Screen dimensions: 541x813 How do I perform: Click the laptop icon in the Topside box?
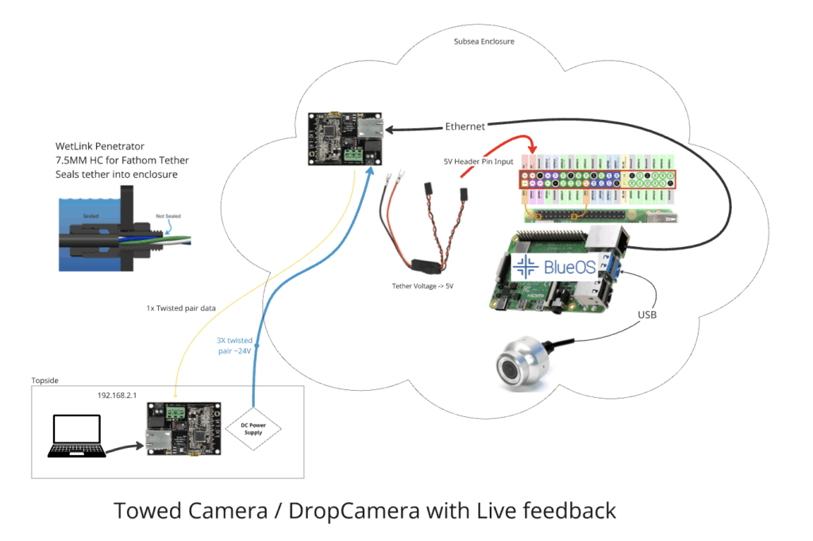click(x=77, y=436)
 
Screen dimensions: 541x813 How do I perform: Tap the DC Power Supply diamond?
click(x=252, y=429)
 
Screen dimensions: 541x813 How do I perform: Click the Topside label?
click(x=45, y=381)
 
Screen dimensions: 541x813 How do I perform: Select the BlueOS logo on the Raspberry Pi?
click(x=555, y=268)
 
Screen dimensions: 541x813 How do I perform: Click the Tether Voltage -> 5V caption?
click(x=428, y=286)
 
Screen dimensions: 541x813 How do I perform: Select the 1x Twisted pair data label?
click(x=183, y=307)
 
